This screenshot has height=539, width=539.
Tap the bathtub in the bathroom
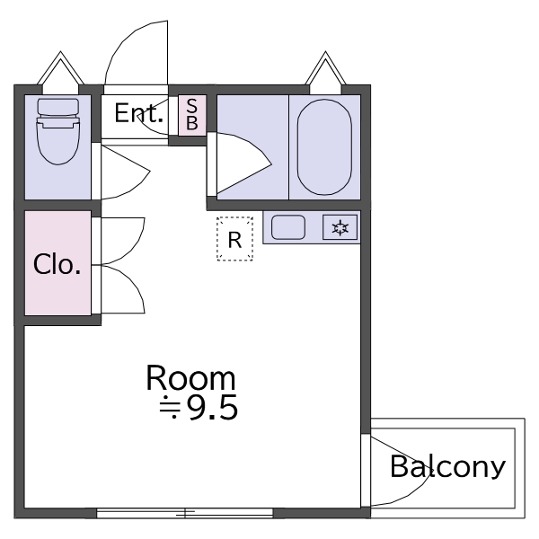coord(323,146)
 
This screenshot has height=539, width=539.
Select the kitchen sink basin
coord(289,228)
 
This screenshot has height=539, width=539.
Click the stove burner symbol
coord(340,228)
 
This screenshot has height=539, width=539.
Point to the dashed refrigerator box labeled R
coord(234,240)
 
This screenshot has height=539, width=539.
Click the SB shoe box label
coord(191,115)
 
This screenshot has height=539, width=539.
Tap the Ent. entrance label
coord(138,114)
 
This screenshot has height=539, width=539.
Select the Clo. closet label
coord(57,265)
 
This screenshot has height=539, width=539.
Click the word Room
coord(190,378)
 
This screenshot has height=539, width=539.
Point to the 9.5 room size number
coord(212,409)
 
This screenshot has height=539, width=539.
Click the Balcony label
coord(447,467)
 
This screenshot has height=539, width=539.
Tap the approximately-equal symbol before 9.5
coord(170,410)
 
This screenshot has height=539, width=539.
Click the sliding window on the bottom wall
coord(184,513)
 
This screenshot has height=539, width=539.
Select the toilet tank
coord(57,109)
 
